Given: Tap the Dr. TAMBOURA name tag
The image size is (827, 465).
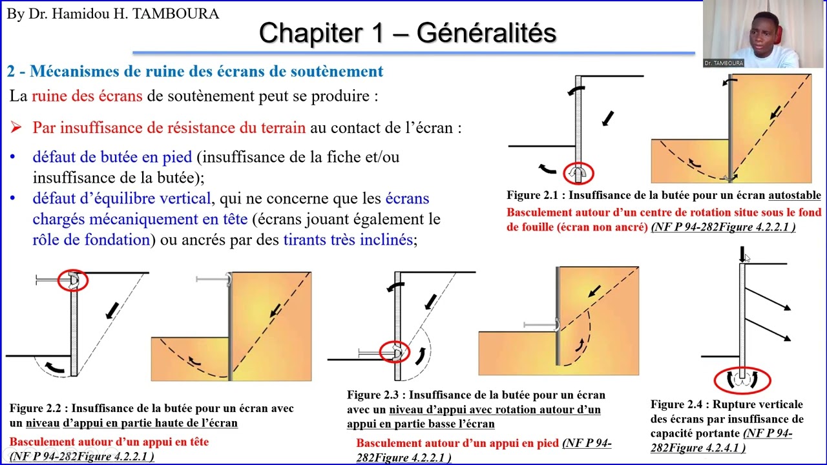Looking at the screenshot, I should (x=724, y=63).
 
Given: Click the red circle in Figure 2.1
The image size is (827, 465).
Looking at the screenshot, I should (x=578, y=173).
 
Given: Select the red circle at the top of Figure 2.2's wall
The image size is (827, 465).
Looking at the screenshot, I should (x=72, y=280).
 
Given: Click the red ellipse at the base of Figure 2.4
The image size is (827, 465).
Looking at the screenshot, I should (x=743, y=380).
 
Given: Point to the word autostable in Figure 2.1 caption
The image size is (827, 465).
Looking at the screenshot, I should (x=795, y=195).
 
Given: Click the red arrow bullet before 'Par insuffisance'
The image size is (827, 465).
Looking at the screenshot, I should (x=16, y=127).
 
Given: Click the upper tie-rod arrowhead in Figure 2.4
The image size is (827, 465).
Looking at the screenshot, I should (x=786, y=309).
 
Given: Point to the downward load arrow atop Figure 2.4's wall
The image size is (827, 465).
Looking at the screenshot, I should (x=742, y=254).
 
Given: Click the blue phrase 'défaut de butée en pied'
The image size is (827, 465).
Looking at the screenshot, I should (x=112, y=157).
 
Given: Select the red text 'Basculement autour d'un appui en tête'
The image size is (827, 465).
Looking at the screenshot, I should (x=109, y=442).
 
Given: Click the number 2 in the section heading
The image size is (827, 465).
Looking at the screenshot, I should (x=11, y=71).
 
